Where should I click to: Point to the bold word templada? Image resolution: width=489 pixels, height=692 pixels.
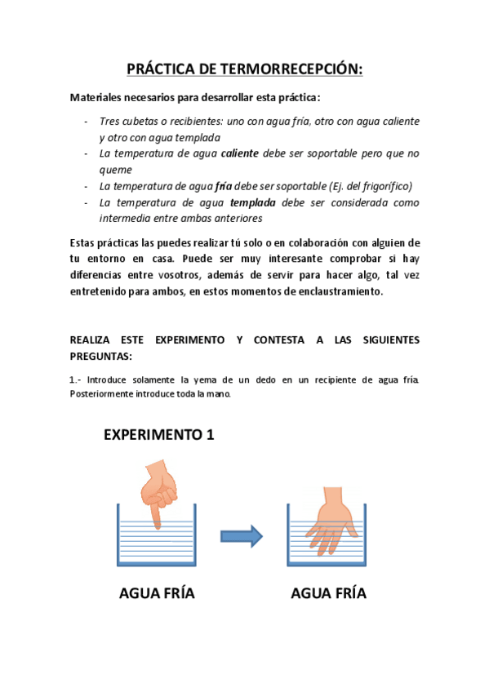[x=253, y=202]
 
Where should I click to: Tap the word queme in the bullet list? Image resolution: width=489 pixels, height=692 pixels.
[x=115, y=169]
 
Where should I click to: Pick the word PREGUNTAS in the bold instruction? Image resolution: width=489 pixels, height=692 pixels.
[x=100, y=357]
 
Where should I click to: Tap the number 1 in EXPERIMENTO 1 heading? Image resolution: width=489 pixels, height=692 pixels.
[x=210, y=435]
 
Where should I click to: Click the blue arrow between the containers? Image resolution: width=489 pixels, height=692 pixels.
[x=242, y=536]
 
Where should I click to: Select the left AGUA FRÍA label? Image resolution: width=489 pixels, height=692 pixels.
[x=157, y=593]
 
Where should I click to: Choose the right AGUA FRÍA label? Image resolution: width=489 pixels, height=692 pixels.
[x=328, y=593]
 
